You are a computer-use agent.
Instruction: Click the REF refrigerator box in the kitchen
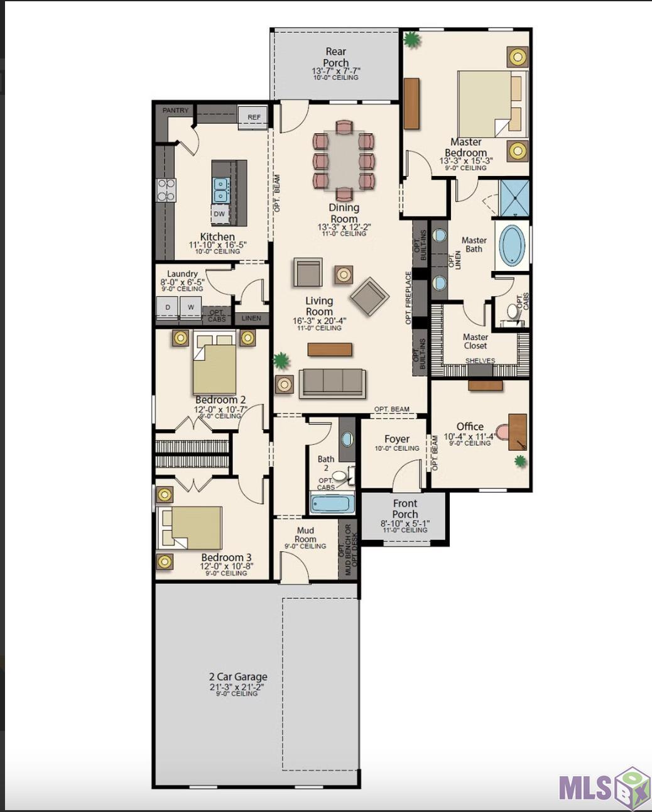[254, 118]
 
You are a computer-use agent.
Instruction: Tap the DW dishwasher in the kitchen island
[219, 214]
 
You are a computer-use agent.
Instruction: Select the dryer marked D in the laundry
[168, 307]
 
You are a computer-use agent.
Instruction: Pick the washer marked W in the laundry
[190, 307]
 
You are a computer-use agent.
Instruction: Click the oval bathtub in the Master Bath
[512, 244]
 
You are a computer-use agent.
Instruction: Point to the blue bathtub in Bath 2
[332, 503]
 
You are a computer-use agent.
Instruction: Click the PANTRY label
[175, 110]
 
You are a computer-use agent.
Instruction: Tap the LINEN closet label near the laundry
[251, 318]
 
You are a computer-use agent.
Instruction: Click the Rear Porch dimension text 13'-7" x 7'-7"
[335, 71]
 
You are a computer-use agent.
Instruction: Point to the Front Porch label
[405, 508]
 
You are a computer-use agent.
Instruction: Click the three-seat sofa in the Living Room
[332, 383]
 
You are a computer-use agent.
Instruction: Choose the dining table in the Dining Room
[344, 161]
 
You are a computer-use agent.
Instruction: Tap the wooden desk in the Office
[518, 432]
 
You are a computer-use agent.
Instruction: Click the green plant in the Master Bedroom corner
[411, 39]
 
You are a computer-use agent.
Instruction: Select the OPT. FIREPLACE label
[408, 298]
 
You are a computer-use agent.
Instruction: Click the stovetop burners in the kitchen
[166, 190]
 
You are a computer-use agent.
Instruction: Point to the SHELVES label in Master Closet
[480, 361]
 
